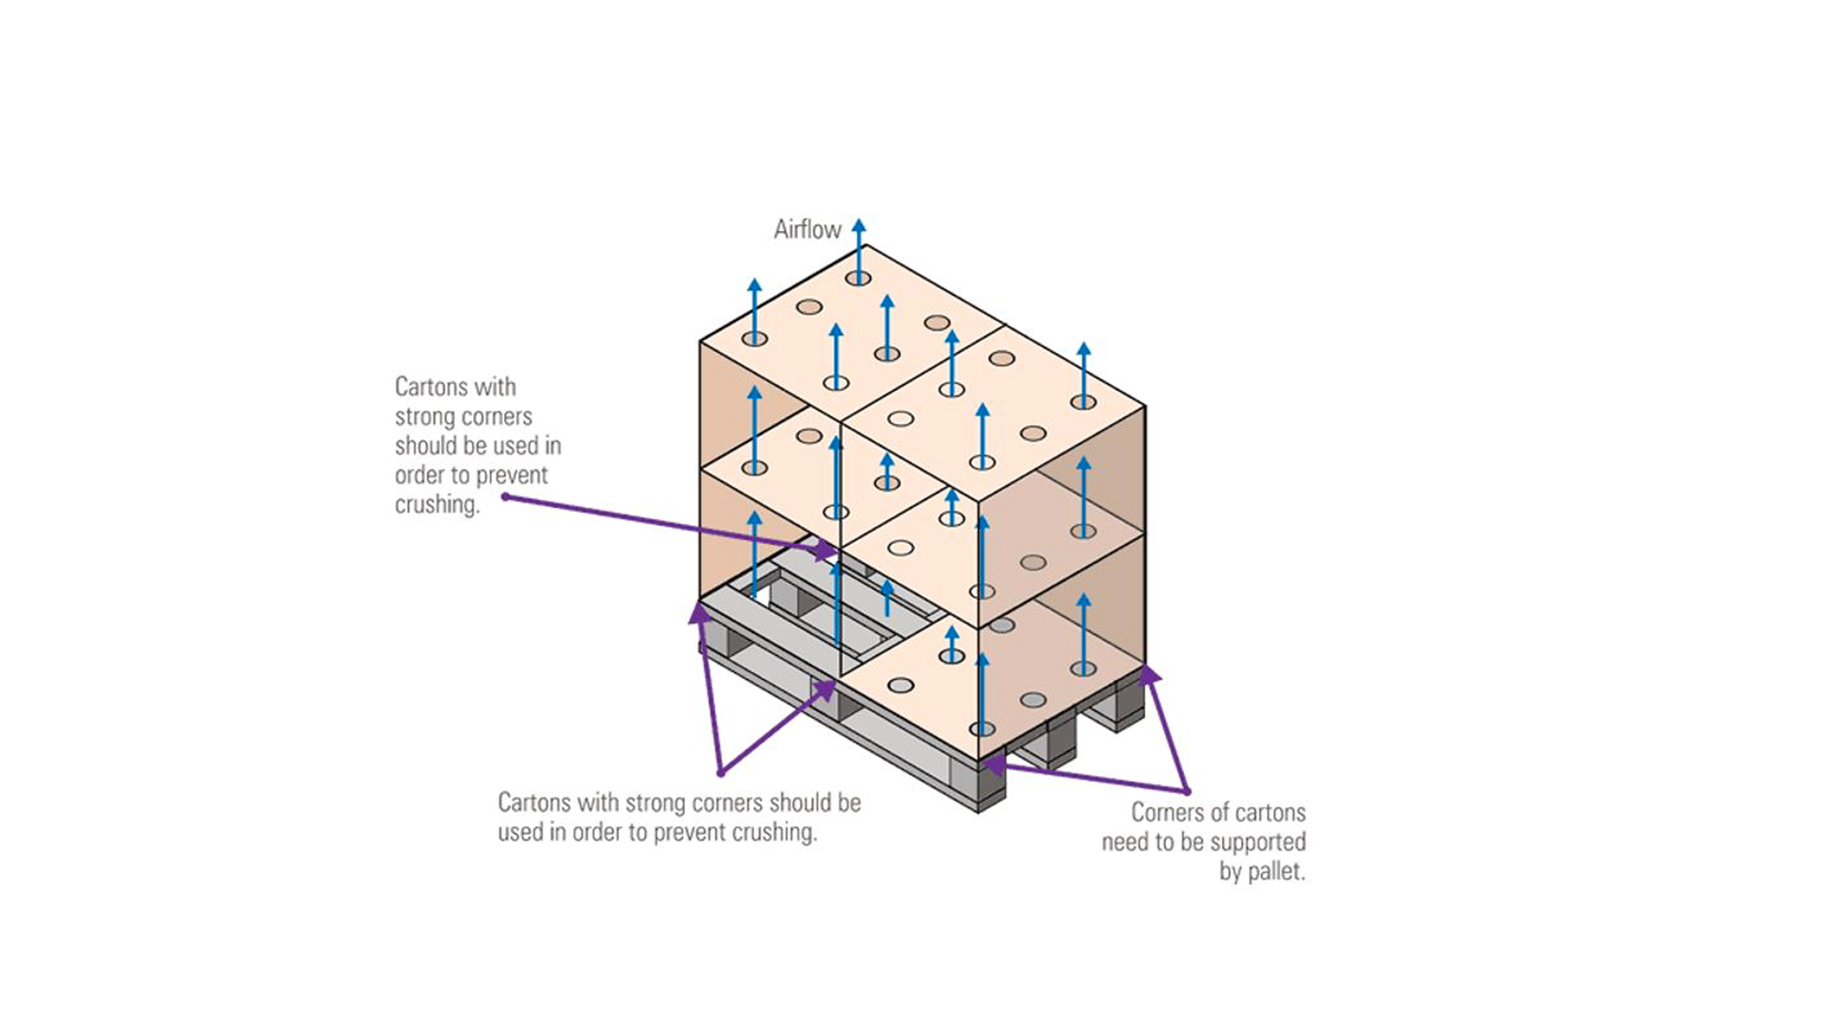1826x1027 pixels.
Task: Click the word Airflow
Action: [x=806, y=229]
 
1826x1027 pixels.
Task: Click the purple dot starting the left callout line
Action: [x=506, y=496]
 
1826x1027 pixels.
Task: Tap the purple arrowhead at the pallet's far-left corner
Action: [x=700, y=613]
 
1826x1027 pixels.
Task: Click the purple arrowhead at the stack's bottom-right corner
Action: [x=1150, y=675]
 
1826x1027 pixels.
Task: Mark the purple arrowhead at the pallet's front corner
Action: [x=992, y=763]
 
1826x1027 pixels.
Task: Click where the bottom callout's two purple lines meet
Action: [x=722, y=771]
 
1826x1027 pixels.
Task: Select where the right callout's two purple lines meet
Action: [x=1187, y=790]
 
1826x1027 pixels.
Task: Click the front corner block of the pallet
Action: [x=980, y=785]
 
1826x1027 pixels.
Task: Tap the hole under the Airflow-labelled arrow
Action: [x=858, y=279]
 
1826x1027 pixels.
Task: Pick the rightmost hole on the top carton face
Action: [x=1083, y=402]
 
